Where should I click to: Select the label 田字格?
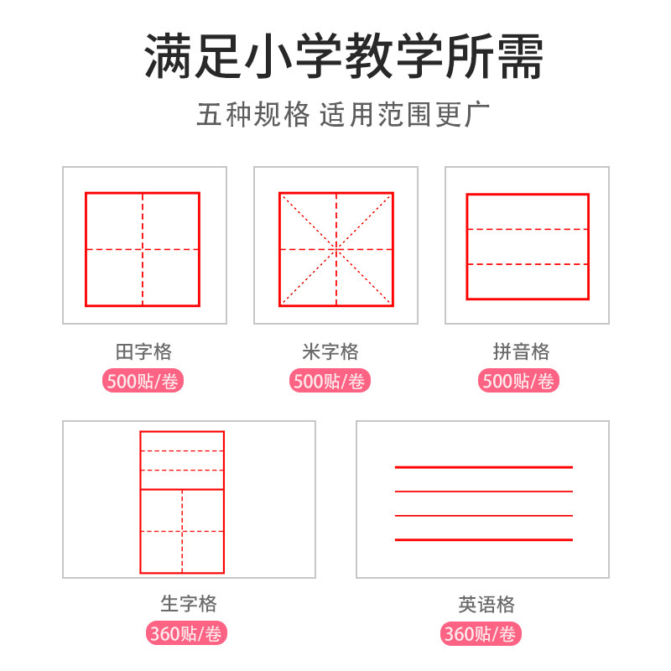coord(143,351)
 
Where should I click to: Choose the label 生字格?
coord(189,604)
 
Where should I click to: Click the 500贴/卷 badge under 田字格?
coord(143,382)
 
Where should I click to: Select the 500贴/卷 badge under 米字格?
coord(330,382)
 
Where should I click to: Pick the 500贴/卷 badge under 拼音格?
coord(519,382)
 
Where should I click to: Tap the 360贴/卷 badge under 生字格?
coord(188,634)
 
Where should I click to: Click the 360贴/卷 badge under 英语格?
coord(481,634)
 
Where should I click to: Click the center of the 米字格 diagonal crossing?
coord(336,249)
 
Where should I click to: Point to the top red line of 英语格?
coord(484,466)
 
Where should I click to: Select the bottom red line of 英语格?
coord(484,539)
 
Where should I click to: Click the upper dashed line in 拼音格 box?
coord(528,229)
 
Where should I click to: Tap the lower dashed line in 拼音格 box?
coord(528,265)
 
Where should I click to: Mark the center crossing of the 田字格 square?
coord(143,249)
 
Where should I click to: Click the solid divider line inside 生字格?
coord(182,489)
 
